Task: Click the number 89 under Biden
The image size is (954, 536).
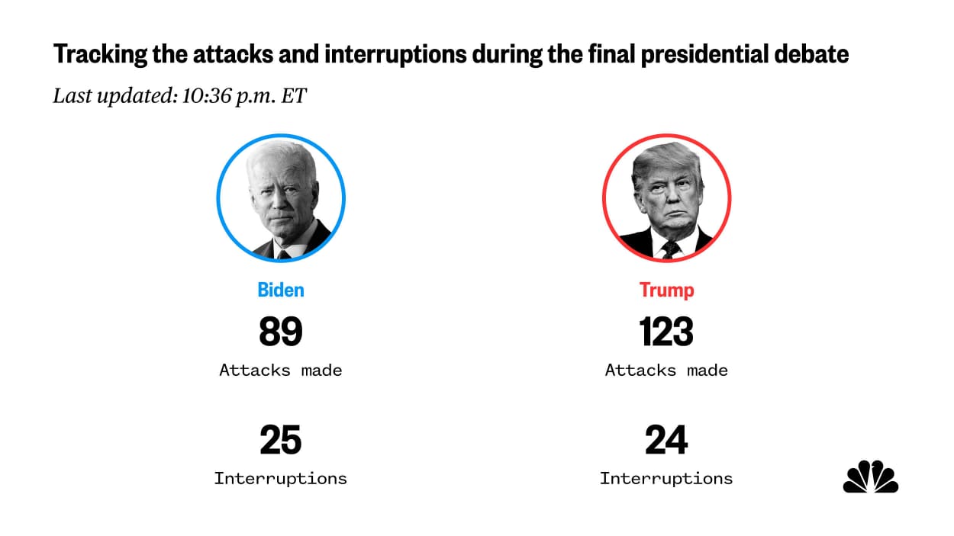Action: pyautogui.click(x=281, y=332)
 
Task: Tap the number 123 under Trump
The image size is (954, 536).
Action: pyautogui.click(x=666, y=332)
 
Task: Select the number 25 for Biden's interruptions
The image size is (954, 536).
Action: pyautogui.click(x=281, y=441)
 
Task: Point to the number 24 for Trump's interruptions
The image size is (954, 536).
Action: pyautogui.click(x=666, y=441)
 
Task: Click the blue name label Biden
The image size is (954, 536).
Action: pyautogui.click(x=281, y=290)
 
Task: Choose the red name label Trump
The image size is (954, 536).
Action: pyautogui.click(x=666, y=290)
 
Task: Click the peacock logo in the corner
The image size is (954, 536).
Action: pyautogui.click(x=871, y=477)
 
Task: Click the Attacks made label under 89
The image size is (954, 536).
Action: pyautogui.click(x=281, y=371)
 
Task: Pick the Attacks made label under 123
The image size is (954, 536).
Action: pyautogui.click(x=666, y=371)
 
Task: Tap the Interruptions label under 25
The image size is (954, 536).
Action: pyautogui.click(x=281, y=479)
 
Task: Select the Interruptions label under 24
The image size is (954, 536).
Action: pyautogui.click(x=666, y=479)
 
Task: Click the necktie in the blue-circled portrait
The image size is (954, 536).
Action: pyautogui.click(x=284, y=254)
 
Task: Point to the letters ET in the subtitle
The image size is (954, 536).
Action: pyautogui.click(x=294, y=97)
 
